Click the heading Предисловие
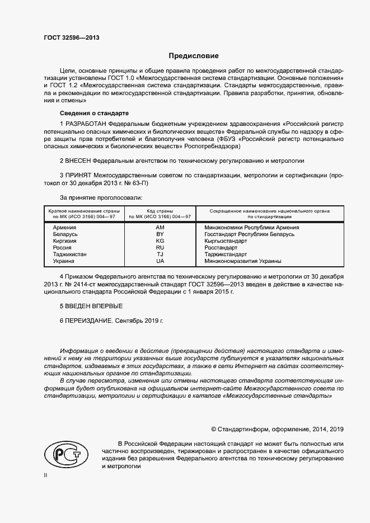(194, 56)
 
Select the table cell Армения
(64, 228)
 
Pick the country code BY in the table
(160, 234)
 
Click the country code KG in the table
(160, 241)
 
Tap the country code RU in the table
(160, 248)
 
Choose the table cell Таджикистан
(70, 255)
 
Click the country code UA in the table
(160, 261)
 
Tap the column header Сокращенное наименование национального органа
(269, 210)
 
